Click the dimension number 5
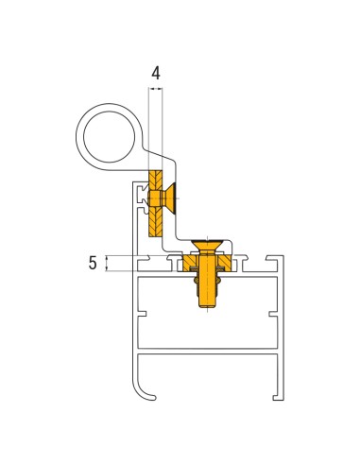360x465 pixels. tap(94, 264)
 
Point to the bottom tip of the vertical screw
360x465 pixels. tap(207, 306)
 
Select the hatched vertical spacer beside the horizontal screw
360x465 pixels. tap(155, 202)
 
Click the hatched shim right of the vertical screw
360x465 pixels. tap(221, 260)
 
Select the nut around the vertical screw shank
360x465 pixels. tap(207, 274)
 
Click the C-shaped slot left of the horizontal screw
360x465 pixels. tap(142, 199)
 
